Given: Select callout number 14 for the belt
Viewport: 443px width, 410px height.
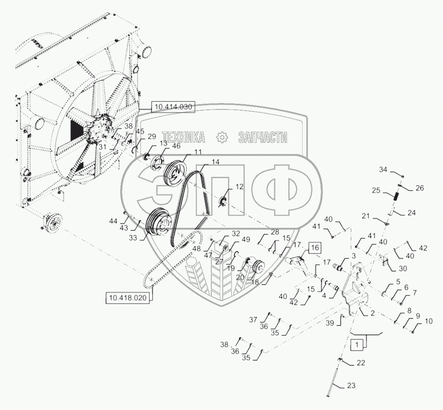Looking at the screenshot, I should tap(215, 161).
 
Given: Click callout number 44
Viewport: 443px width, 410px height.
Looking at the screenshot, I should tap(113, 220).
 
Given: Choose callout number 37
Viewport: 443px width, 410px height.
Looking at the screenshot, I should tap(253, 319).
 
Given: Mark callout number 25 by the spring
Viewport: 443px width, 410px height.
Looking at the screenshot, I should tap(376, 190).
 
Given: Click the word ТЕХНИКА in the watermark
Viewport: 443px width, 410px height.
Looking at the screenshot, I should tap(183, 137).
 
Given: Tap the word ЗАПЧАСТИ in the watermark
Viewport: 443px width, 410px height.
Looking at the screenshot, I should tap(263, 137).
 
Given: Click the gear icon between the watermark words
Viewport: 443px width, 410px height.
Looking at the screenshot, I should tap(222, 137).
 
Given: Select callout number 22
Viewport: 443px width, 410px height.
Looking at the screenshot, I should tap(360, 363).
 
